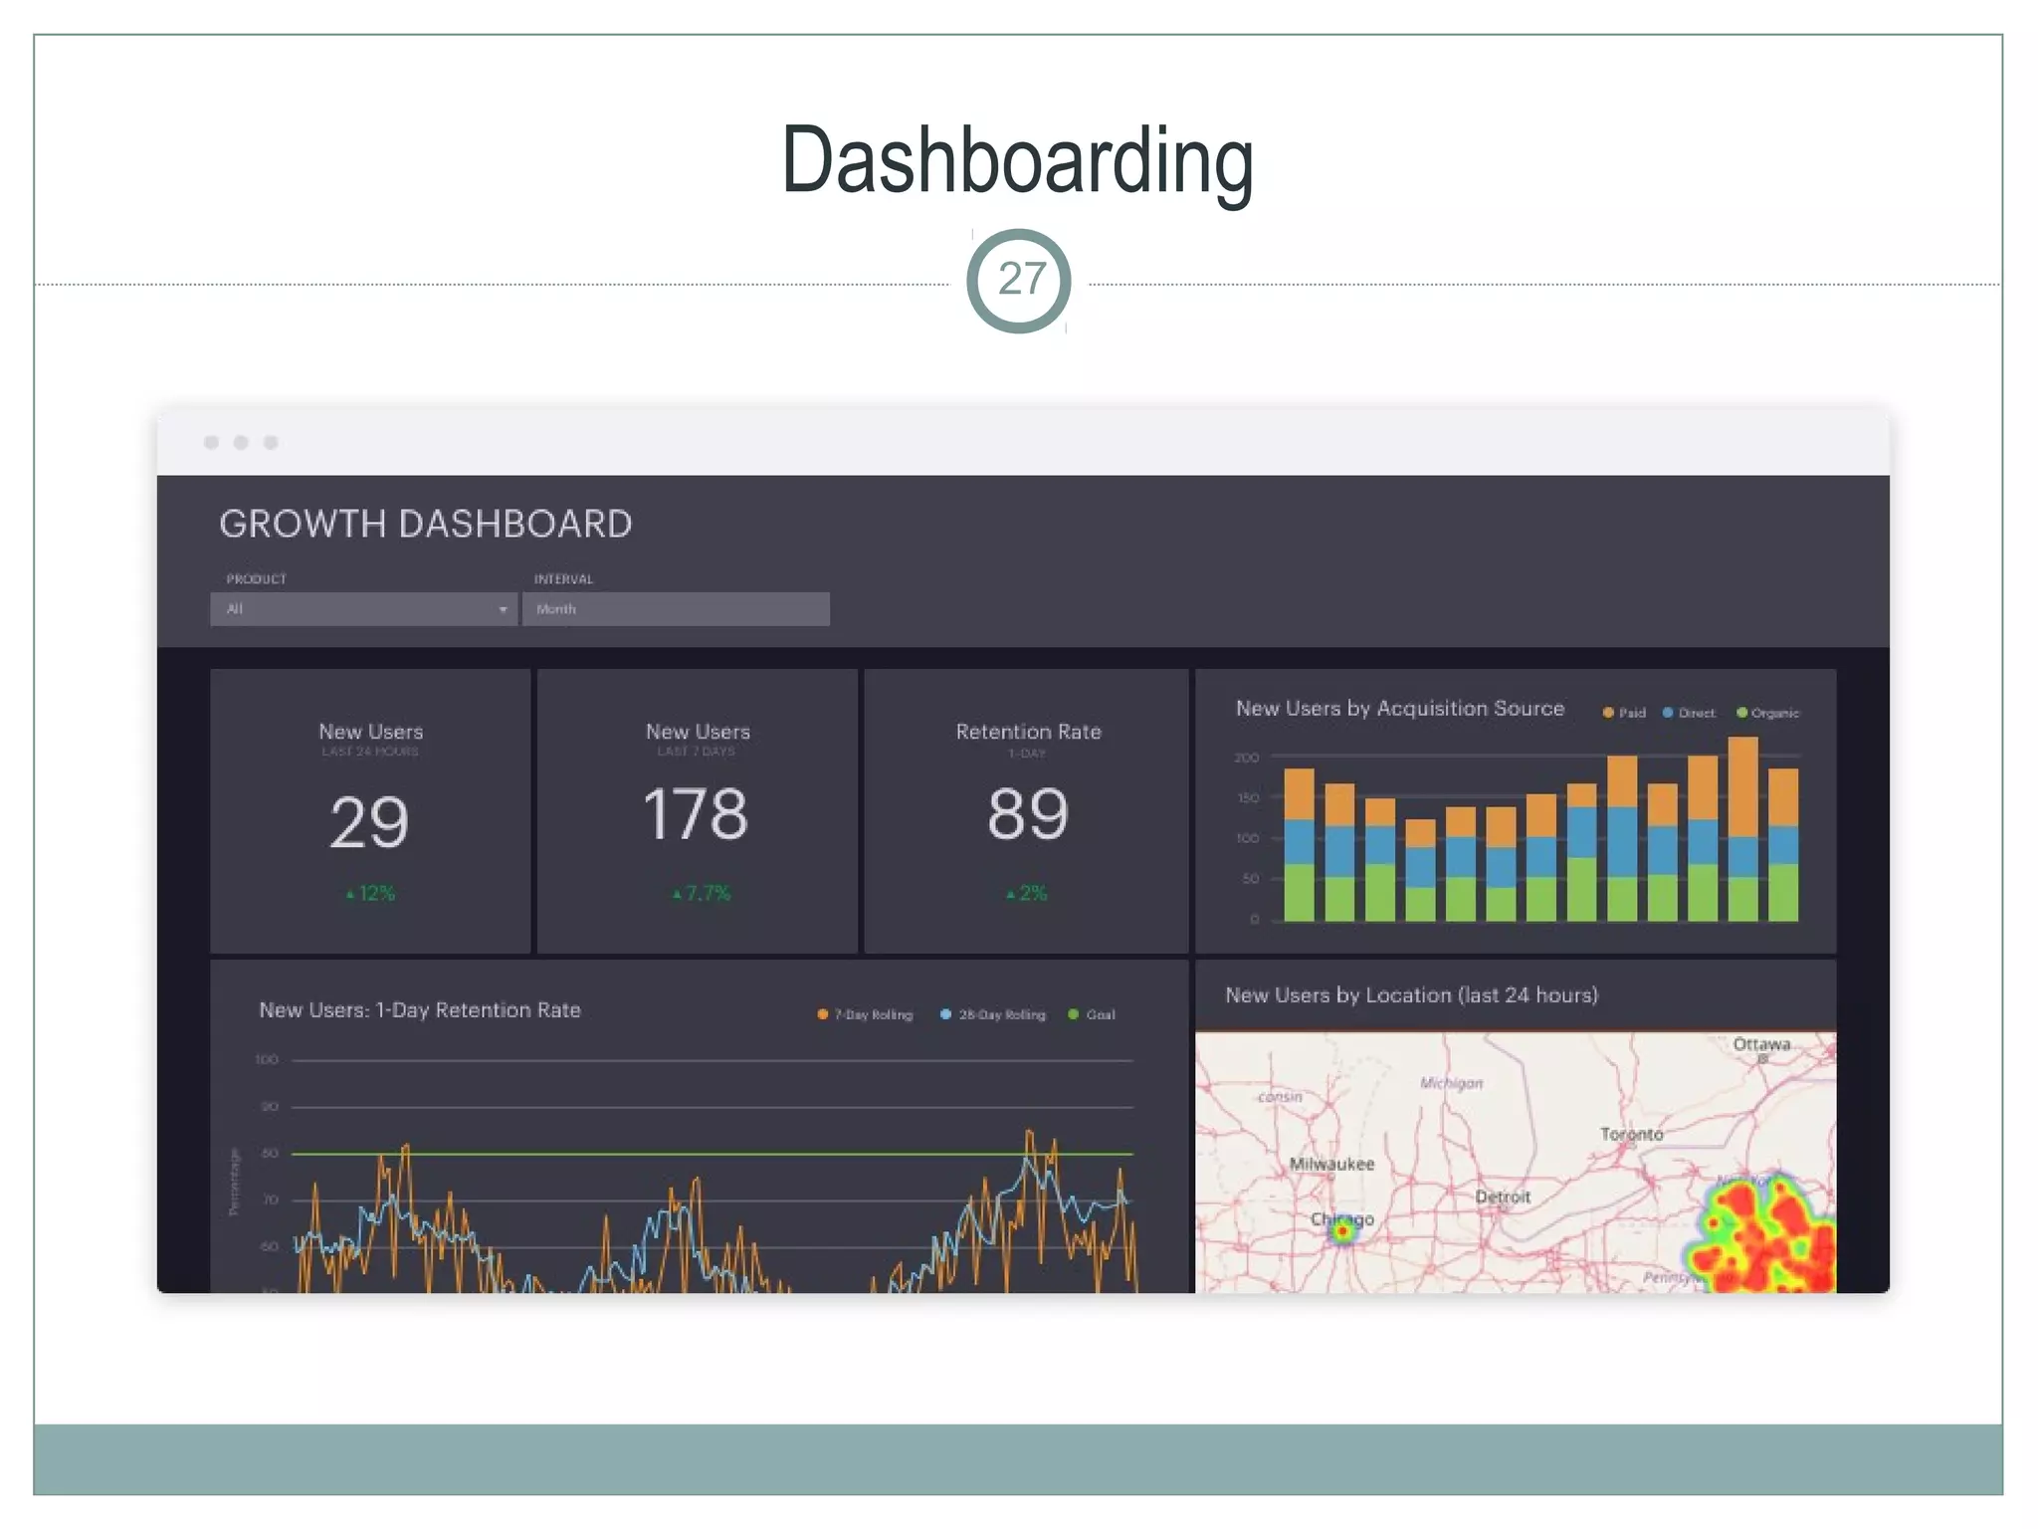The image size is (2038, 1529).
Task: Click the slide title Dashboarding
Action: (x=1017, y=161)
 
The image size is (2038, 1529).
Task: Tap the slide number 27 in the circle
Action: (x=1021, y=280)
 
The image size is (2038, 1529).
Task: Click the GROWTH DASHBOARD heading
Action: (x=425, y=525)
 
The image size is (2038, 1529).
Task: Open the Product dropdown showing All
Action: (x=363, y=609)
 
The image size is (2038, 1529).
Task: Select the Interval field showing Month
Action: (x=676, y=609)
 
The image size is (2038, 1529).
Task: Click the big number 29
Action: (x=369, y=823)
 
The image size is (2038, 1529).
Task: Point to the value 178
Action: (x=696, y=814)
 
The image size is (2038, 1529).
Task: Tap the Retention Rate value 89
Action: (x=1028, y=814)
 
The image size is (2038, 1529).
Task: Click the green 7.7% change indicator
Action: (x=703, y=894)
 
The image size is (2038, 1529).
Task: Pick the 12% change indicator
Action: (x=372, y=894)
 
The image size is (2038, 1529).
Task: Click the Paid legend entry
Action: (x=1624, y=713)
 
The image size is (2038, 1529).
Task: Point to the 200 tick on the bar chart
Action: (x=1247, y=758)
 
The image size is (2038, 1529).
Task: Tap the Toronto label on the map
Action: (x=1631, y=1134)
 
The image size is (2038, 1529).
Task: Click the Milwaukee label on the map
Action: (x=1331, y=1164)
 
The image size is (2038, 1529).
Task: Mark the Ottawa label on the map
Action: (x=1760, y=1044)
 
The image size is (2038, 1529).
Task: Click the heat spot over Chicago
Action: (x=1342, y=1231)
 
